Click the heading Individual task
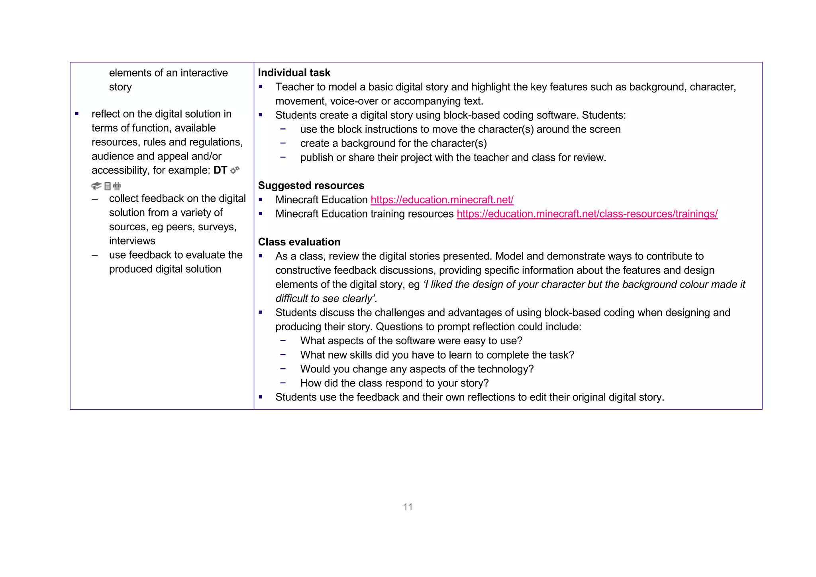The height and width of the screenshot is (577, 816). [x=294, y=73]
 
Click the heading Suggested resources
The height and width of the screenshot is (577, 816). [x=311, y=185]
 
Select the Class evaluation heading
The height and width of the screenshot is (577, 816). [x=299, y=242]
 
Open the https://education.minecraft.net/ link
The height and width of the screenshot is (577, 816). [x=441, y=200]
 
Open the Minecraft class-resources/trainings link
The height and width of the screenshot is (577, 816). [x=586, y=214]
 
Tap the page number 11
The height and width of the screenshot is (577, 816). [x=408, y=507]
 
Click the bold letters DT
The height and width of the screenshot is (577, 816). [x=220, y=170]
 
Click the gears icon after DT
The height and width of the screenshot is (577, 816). [x=235, y=170]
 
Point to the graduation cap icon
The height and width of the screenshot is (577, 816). [x=96, y=186]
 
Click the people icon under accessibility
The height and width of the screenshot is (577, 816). [x=117, y=186]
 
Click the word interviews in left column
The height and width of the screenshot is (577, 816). [x=132, y=241]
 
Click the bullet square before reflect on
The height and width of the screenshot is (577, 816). [x=77, y=114]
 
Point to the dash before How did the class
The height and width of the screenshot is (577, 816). [x=283, y=383]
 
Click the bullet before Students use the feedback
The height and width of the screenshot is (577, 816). [x=261, y=397]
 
